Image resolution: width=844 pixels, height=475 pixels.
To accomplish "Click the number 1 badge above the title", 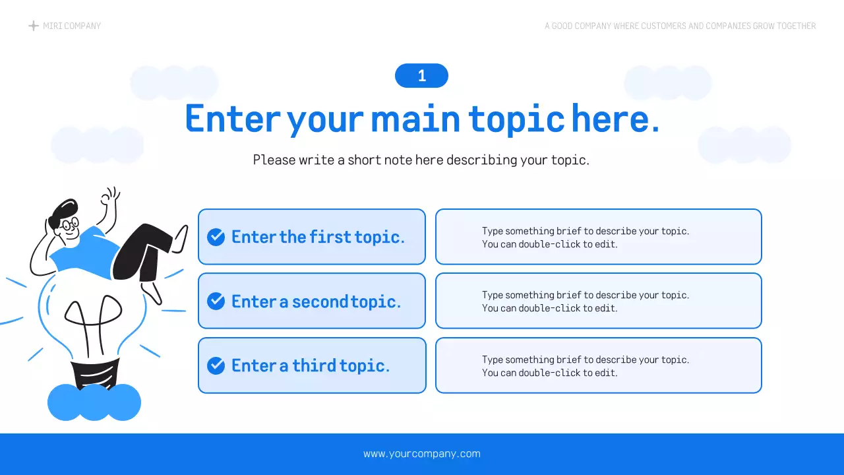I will tap(421, 76).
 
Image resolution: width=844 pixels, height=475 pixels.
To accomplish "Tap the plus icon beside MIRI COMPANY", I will tap(34, 26).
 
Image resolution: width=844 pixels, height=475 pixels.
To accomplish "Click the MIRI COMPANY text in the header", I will tap(72, 26).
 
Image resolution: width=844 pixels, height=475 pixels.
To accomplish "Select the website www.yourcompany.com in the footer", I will tap(422, 454).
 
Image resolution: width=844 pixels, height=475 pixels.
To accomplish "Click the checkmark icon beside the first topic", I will tap(216, 237).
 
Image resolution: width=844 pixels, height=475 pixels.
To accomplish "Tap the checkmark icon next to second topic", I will tap(216, 301).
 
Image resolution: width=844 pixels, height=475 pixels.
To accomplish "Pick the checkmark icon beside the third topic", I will tap(216, 365).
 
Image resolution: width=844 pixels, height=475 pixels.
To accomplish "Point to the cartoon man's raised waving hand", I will tap(110, 197).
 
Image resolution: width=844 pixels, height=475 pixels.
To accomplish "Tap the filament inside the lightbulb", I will tap(93, 317).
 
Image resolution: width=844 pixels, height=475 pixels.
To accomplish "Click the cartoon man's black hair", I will tap(63, 210).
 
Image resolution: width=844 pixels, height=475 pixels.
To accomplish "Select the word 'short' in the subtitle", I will tap(365, 160).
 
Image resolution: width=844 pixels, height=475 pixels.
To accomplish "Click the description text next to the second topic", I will tap(586, 301).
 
